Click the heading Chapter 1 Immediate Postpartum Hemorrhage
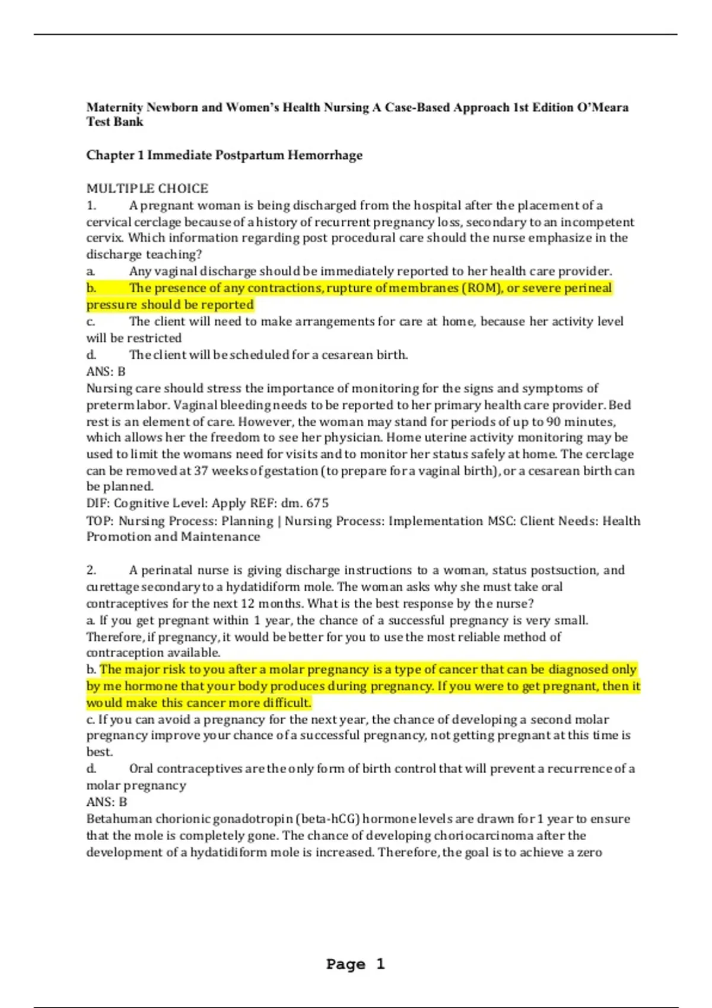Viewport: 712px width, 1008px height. click(x=224, y=155)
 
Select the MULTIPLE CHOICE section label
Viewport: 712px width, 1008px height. click(x=147, y=189)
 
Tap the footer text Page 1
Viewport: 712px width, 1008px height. click(x=355, y=964)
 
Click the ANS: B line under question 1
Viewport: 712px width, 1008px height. click(x=106, y=372)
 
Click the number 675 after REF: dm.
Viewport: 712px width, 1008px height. click(x=317, y=503)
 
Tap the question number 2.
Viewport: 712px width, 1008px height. click(x=91, y=570)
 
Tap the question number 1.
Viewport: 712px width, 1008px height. click(x=91, y=206)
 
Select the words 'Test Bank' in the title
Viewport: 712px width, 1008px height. click(x=115, y=122)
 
